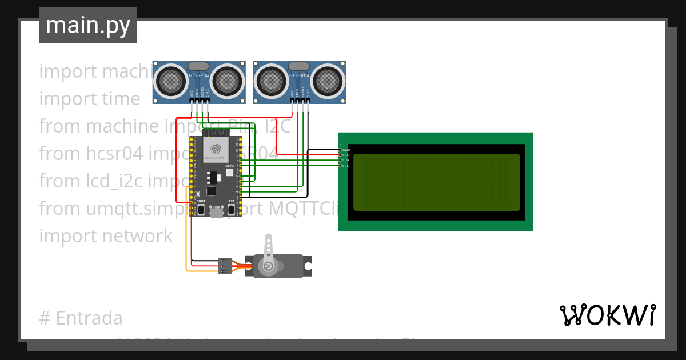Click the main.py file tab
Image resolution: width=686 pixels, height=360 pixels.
[87, 25]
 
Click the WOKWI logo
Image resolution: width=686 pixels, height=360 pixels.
[607, 315]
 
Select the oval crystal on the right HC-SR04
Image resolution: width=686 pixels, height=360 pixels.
[298, 66]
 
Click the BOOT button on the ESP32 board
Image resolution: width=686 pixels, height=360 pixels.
[201, 209]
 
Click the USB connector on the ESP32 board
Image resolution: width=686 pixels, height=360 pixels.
[216, 213]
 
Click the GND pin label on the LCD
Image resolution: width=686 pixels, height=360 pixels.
[346, 150]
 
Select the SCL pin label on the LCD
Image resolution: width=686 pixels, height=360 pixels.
[345, 165]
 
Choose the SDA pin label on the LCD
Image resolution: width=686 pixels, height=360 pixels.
[345, 160]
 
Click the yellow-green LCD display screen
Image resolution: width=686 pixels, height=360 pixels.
[436, 182]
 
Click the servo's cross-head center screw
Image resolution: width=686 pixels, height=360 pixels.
[267, 266]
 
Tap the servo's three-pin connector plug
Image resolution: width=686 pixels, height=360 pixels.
[225, 266]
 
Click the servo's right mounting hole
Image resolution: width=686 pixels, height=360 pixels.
[308, 266]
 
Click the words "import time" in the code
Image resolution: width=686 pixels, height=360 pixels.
[89, 99]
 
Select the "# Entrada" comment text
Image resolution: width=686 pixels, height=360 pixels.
[81, 318]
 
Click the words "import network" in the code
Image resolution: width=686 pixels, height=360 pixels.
[106, 236]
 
